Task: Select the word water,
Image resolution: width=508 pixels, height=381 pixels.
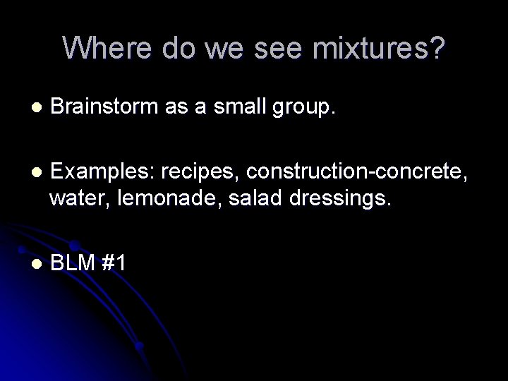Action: pyautogui.click(x=75, y=199)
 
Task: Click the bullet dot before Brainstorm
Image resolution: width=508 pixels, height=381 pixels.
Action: pyautogui.click(x=32, y=108)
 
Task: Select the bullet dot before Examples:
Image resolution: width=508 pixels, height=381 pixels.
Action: pyautogui.click(x=32, y=172)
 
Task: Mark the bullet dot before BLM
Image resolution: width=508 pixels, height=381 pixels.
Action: pyautogui.click(x=32, y=263)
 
